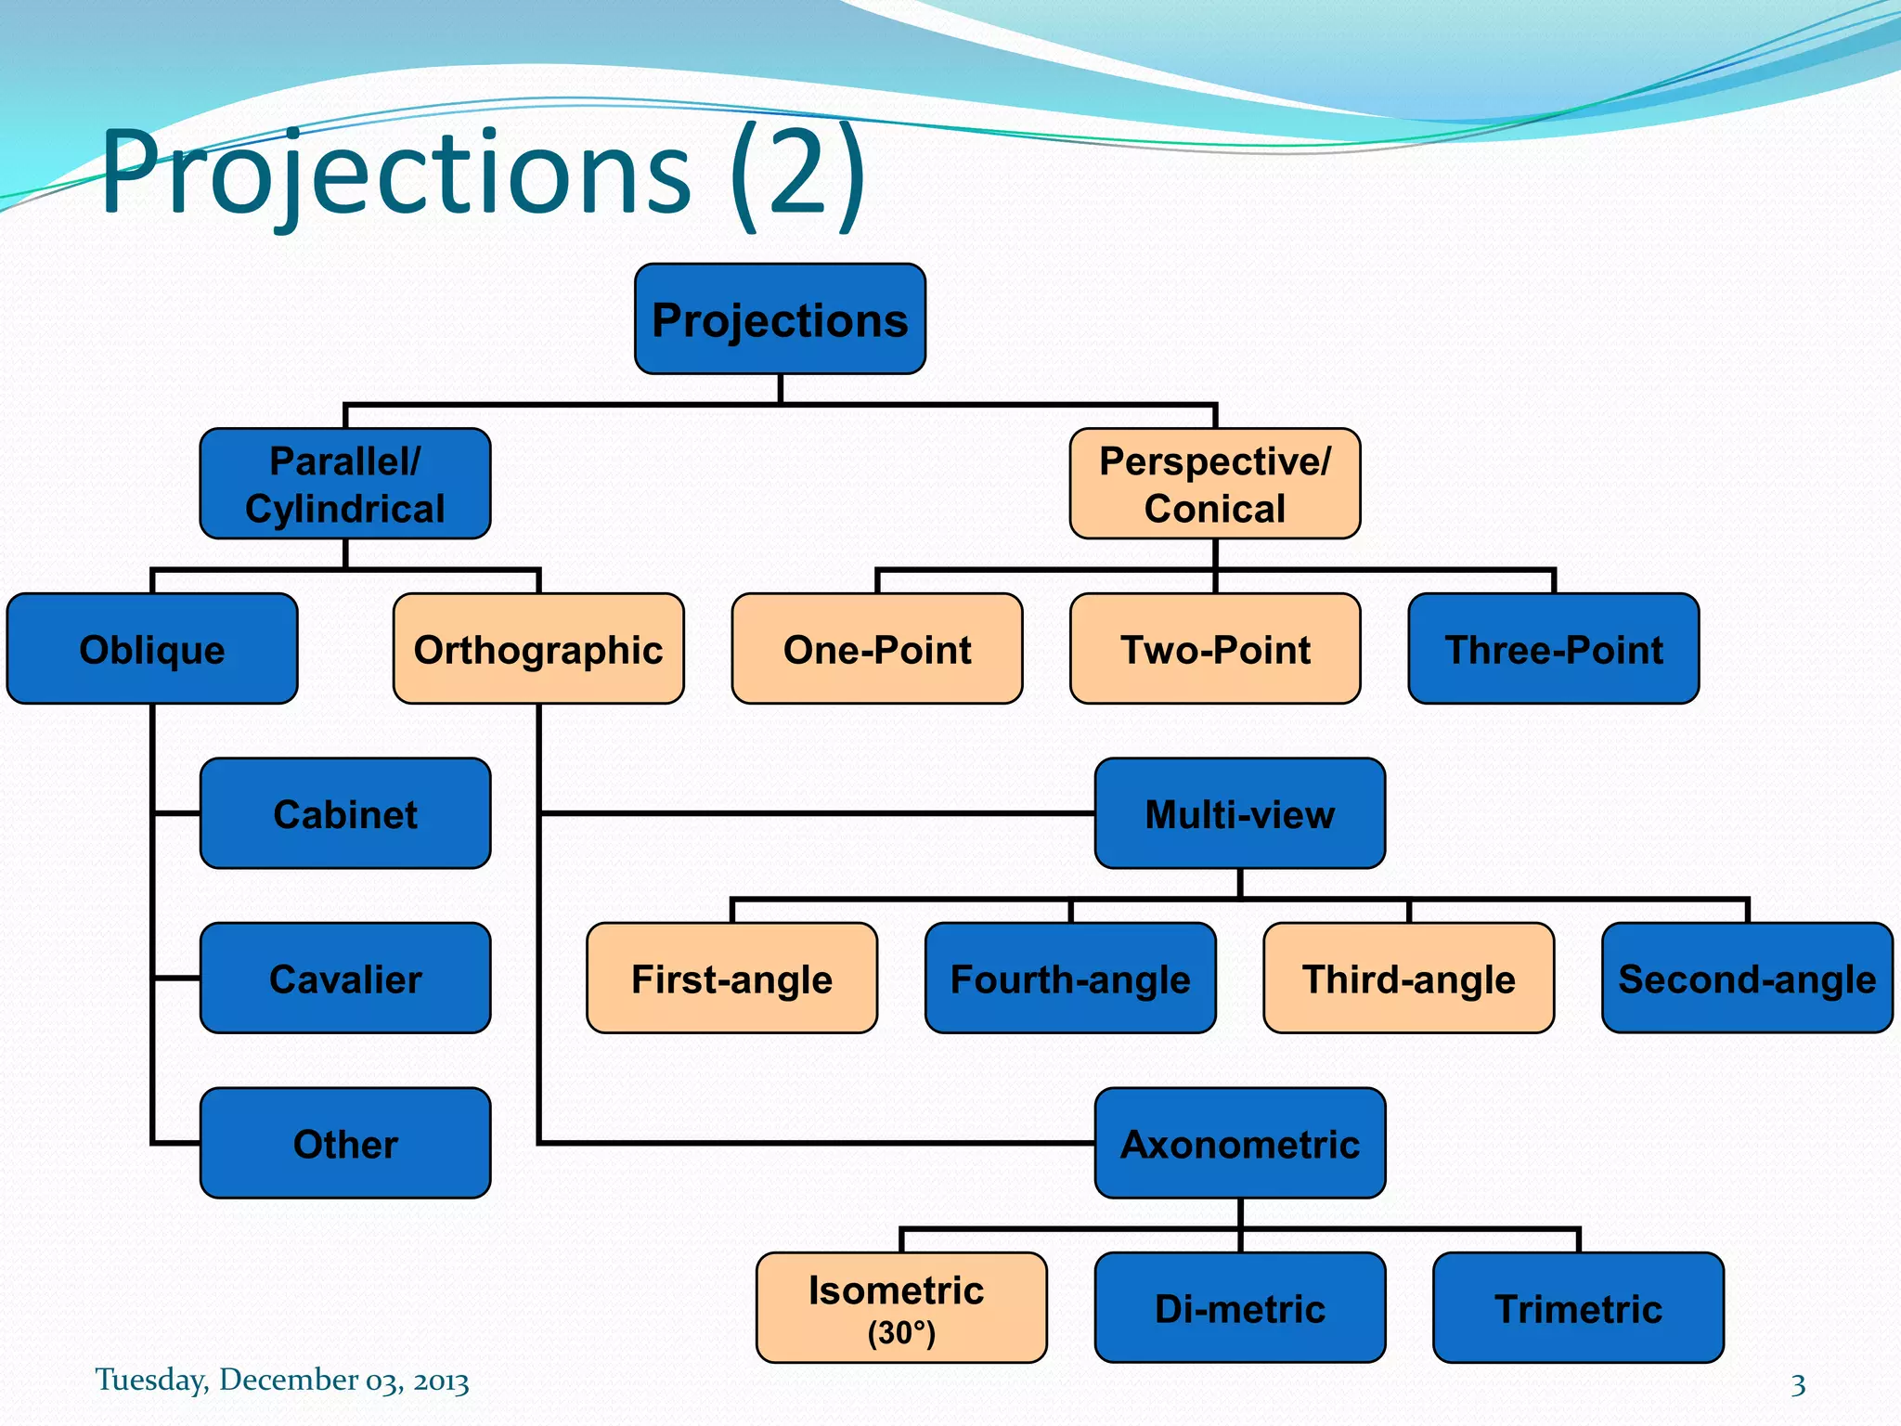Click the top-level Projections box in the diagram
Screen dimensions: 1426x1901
point(780,319)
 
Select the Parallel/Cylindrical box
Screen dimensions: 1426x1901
point(344,484)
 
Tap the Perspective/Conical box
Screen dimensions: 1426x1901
point(1214,484)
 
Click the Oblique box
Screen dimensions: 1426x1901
point(152,649)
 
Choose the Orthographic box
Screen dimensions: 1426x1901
point(538,649)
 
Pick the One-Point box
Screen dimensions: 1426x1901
point(877,649)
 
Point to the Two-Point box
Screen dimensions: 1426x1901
point(1214,649)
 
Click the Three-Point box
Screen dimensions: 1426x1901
point(1553,649)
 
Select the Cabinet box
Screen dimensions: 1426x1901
point(344,813)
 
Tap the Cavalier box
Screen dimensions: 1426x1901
point(344,979)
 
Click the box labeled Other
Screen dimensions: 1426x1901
point(344,1143)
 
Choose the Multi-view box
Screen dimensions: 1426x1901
point(1239,813)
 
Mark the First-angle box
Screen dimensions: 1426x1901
point(731,979)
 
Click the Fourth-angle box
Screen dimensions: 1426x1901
point(1069,979)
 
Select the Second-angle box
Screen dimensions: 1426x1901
point(1746,979)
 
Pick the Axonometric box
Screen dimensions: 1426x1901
point(1239,1143)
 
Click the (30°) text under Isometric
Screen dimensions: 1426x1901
point(900,1333)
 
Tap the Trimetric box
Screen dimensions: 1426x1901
point(1578,1308)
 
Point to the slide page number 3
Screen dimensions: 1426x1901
point(1798,1385)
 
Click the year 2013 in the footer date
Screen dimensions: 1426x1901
point(441,1381)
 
